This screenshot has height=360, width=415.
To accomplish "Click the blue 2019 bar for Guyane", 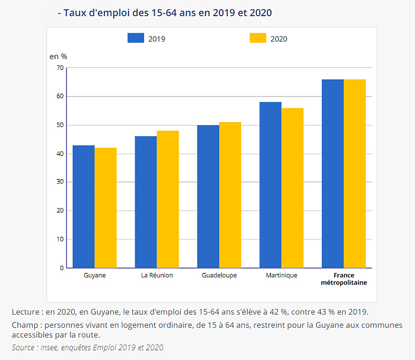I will tap(83, 207).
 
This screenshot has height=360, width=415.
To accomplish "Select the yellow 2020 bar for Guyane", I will tap(106, 208).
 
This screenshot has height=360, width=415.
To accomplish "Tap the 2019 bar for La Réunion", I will tap(146, 202).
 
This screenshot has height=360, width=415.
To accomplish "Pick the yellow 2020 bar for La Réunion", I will tap(168, 199).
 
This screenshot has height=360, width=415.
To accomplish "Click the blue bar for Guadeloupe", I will tap(208, 197).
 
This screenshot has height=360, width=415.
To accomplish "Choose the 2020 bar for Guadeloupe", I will tap(230, 195).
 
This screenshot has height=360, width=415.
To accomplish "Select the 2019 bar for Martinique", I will tap(270, 185).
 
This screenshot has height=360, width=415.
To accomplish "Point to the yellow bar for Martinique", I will tap(292, 188).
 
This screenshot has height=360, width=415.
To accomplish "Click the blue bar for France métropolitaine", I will tap(332, 174).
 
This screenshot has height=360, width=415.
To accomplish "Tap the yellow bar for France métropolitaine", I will tap(355, 174).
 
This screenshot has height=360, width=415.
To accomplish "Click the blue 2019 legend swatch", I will tap(136, 38).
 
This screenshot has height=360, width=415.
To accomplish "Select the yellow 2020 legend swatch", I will tap(258, 38).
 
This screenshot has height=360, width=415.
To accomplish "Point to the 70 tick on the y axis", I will tap(60, 68).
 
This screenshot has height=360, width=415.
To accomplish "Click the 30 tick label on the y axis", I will tap(60, 182).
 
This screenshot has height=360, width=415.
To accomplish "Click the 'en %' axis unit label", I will tap(58, 56).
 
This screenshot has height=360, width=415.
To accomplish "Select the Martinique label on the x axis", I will tap(281, 276).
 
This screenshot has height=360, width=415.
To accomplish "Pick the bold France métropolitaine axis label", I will tap(344, 279).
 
